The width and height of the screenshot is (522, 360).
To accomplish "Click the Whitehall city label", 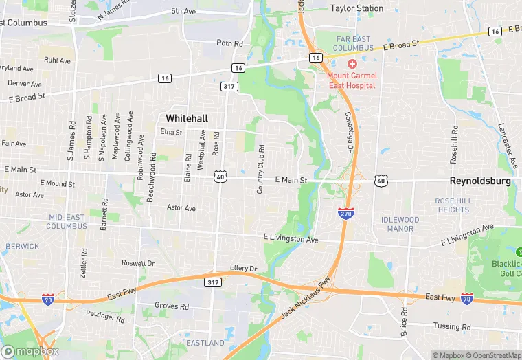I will pos(185,117).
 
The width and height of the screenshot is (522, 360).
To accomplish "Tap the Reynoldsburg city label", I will pos(480,181).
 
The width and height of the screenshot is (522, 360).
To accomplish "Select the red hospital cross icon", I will pos(352,63).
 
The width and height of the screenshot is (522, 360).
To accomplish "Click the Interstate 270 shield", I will pos(346,214).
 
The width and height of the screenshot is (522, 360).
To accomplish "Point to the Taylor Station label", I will pos(356,8).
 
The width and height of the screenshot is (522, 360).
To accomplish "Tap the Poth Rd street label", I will pos(230,43).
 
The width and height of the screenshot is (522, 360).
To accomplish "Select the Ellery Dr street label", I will pos(244,268).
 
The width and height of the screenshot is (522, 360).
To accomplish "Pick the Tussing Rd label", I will pos(452,326).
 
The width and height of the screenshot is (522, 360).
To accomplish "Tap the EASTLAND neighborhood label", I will pos(205,342).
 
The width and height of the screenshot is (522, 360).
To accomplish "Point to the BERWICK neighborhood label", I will pos(23,246).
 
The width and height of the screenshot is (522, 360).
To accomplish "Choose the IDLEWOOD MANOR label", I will pos(400,224).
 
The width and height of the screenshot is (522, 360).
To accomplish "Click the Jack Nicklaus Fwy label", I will pos(306,297).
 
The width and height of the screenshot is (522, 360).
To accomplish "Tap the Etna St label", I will pos(171,132).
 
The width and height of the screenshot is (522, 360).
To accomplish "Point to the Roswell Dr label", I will pos(138,263).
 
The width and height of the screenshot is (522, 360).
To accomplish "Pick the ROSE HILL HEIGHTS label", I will pos(453,205).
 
